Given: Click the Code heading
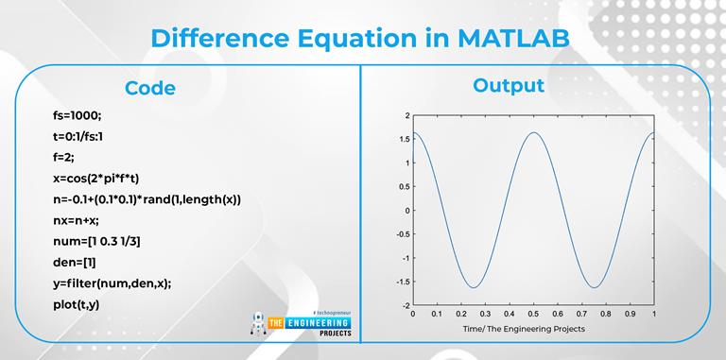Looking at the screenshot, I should pos(149,88).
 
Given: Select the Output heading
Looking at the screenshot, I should pos(508,85).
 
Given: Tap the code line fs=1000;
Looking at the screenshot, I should pos(78,116).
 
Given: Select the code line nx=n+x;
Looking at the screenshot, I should pos(79,220).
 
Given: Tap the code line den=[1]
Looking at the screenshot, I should pos(75,262).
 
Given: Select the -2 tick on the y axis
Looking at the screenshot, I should pos(405,306).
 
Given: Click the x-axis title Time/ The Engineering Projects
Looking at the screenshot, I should pos(524,329).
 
